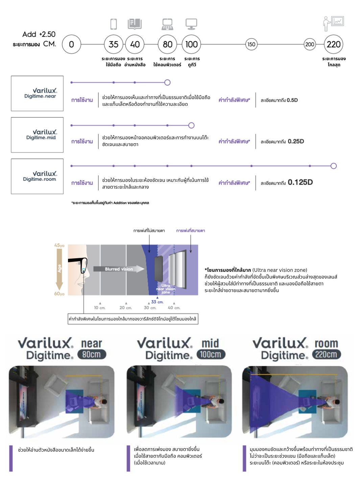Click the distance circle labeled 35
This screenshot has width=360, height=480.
click(x=114, y=44)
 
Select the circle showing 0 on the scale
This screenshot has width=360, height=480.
click(x=71, y=44)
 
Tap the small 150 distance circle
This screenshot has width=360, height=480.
click(x=251, y=44)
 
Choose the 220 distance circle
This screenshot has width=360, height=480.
click(x=333, y=44)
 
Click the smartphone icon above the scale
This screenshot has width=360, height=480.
click(x=114, y=24)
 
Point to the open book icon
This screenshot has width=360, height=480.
click(x=135, y=24)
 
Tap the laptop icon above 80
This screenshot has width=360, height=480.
click(x=167, y=24)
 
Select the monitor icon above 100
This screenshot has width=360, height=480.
click(x=191, y=24)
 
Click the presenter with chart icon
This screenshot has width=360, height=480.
click(x=333, y=24)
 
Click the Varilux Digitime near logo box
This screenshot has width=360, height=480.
click(x=37, y=93)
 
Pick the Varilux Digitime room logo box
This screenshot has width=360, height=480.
click(x=37, y=176)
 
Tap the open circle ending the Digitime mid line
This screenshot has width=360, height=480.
click(x=191, y=125)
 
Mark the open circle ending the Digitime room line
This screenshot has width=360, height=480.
click(x=334, y=166)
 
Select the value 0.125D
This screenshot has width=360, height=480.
click(x=300, y=183)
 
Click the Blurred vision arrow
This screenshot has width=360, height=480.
click(x=119, y=269)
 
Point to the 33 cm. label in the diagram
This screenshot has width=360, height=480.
click(x=157, y=302)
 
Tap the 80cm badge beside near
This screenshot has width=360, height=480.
click(x=92, y=354)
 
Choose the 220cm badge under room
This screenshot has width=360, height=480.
click(x=326, y=354)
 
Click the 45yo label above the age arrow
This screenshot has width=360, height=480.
click(x=59, y=245)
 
